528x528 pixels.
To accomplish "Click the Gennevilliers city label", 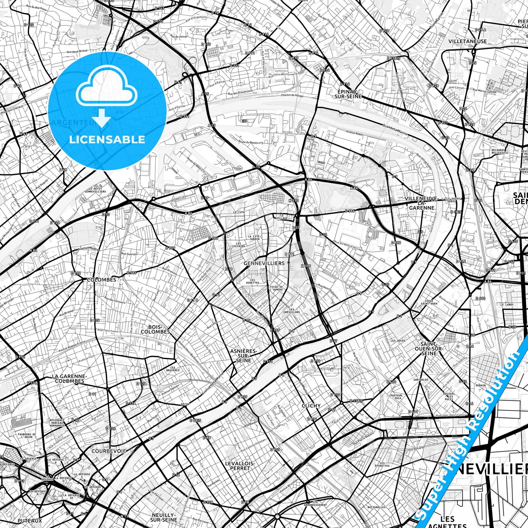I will click(x=264, y=263).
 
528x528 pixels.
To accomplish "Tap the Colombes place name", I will click(x=102, y=280).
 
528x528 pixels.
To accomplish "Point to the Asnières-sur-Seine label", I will click(x=243, y=356).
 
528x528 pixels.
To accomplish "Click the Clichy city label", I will click(x=311, y=406).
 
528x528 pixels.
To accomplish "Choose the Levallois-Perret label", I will click(x=240, y=466).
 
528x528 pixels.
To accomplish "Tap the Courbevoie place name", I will click(x=109, y=451).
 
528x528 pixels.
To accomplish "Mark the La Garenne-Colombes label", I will click(x=69, y=379).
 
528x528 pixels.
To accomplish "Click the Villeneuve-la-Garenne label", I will click(x=421, y=203).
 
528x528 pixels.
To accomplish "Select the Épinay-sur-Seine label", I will click(x=348, y=94).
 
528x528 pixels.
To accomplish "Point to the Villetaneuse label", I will click(x=468, y=41).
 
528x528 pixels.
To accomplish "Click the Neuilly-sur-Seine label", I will click(x=164, y=517).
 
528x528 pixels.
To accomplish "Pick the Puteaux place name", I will click(x=30, y=521).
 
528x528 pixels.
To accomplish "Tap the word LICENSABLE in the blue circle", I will click(x=107, y=140).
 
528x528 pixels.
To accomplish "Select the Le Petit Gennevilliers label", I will click(x=95, y=190).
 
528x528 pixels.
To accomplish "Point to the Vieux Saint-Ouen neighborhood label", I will click(x=429, y=302).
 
